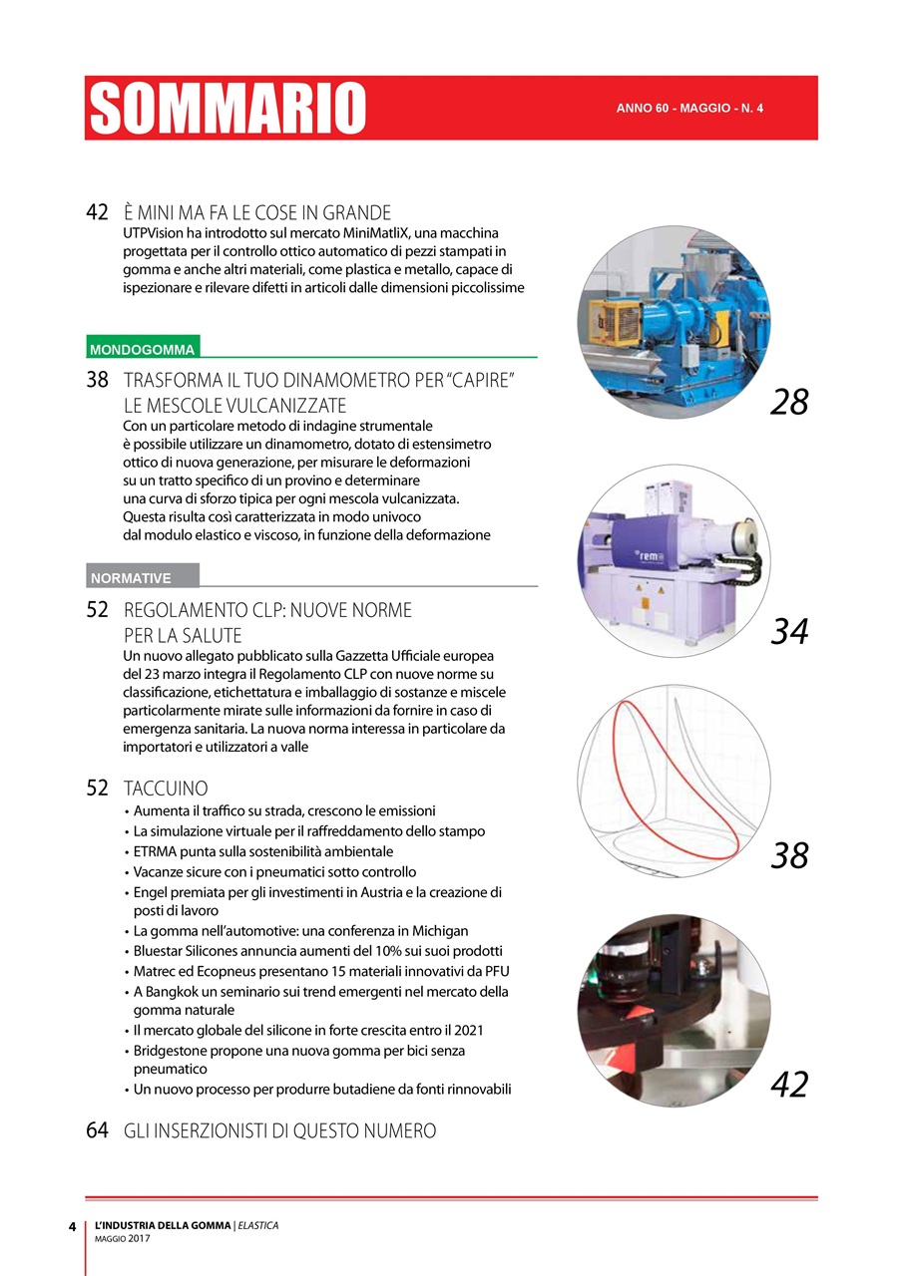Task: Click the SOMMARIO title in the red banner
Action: click(x=228, y=108)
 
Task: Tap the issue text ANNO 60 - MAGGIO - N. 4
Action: click(x=689, y=108)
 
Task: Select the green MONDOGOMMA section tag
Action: click(x=143, y=349)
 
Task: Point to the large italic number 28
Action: click(x=789, y=403)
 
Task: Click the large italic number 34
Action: click(x=789, y=631)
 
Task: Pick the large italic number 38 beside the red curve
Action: click(x=789, y=855)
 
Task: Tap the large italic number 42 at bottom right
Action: click(x=789, y=1085)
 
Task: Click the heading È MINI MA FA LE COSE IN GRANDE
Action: click(x=257, y=212)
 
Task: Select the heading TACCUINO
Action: click(x=166, y=788)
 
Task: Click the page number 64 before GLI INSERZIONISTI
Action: click(x=97, y=1130)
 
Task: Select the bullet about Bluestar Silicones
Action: click(x=317, y=950)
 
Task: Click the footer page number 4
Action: click(x=72, y=1227)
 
